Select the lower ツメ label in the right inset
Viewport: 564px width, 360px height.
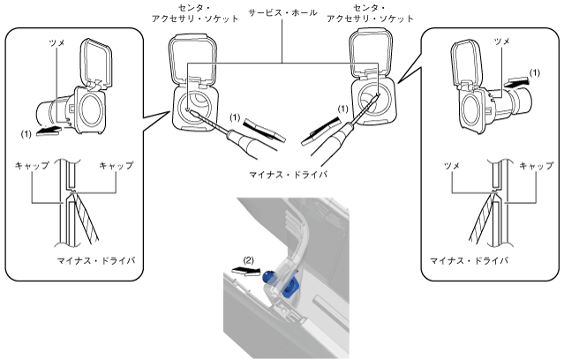point(458,165)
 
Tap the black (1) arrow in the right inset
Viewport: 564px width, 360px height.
point(522,79)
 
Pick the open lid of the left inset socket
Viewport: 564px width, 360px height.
point(96,62)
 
